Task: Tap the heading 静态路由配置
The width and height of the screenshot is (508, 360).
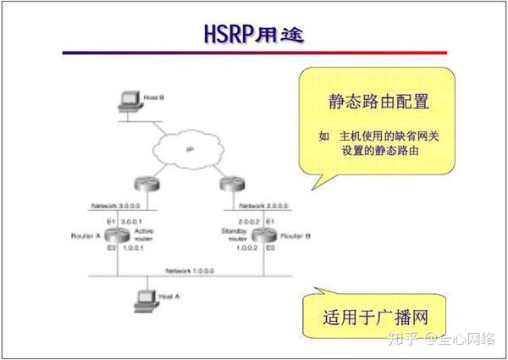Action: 379,102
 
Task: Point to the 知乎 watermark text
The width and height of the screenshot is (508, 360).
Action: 402,340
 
